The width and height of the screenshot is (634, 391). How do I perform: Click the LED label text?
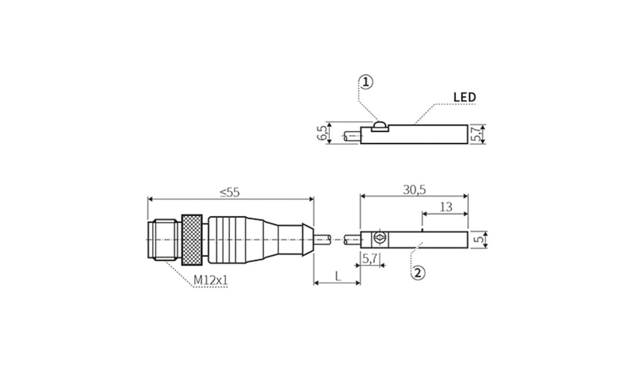click(x=464, y=97)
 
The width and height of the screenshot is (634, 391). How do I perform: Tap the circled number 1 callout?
click(x=366, y=82)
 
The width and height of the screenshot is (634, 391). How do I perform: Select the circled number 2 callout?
click(x=418, y=273)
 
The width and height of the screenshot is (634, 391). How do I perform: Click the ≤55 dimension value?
click(x=229, y=193)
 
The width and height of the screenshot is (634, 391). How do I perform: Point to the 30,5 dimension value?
click(x=414, y=190)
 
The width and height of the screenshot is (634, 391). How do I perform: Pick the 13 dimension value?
click(x=446, y=207)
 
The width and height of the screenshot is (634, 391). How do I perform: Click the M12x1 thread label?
click(x=210, y=280)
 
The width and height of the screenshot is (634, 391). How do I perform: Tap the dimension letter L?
click(x=338, y=276)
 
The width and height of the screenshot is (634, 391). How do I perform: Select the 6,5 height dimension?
click(x=322, y=133)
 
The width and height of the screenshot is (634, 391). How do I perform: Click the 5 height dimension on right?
click(x=479, y=239)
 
